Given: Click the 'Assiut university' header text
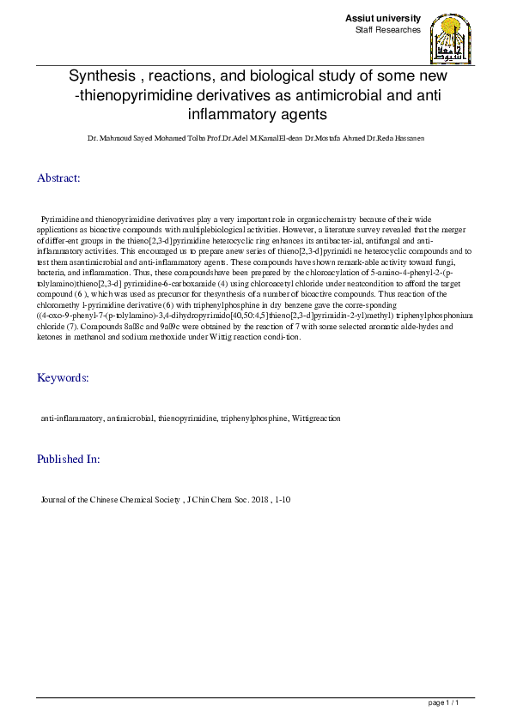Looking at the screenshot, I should [x=382, y=18].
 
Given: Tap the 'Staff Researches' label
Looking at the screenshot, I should [x=388, y=30].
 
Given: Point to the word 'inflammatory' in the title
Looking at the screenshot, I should [x=224, y=113].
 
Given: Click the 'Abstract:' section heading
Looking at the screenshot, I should [x=58, y=178].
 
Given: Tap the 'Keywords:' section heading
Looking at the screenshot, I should [x=62, y=378].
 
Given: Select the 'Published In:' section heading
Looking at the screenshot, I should [x=68, y=460].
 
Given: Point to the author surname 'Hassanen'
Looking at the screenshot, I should [x=407, y=137].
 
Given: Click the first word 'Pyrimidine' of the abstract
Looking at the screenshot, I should [x=61, y=220].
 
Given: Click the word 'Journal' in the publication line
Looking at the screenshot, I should [x=55, y=499].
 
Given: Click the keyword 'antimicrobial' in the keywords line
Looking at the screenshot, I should [x=128, y=418].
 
